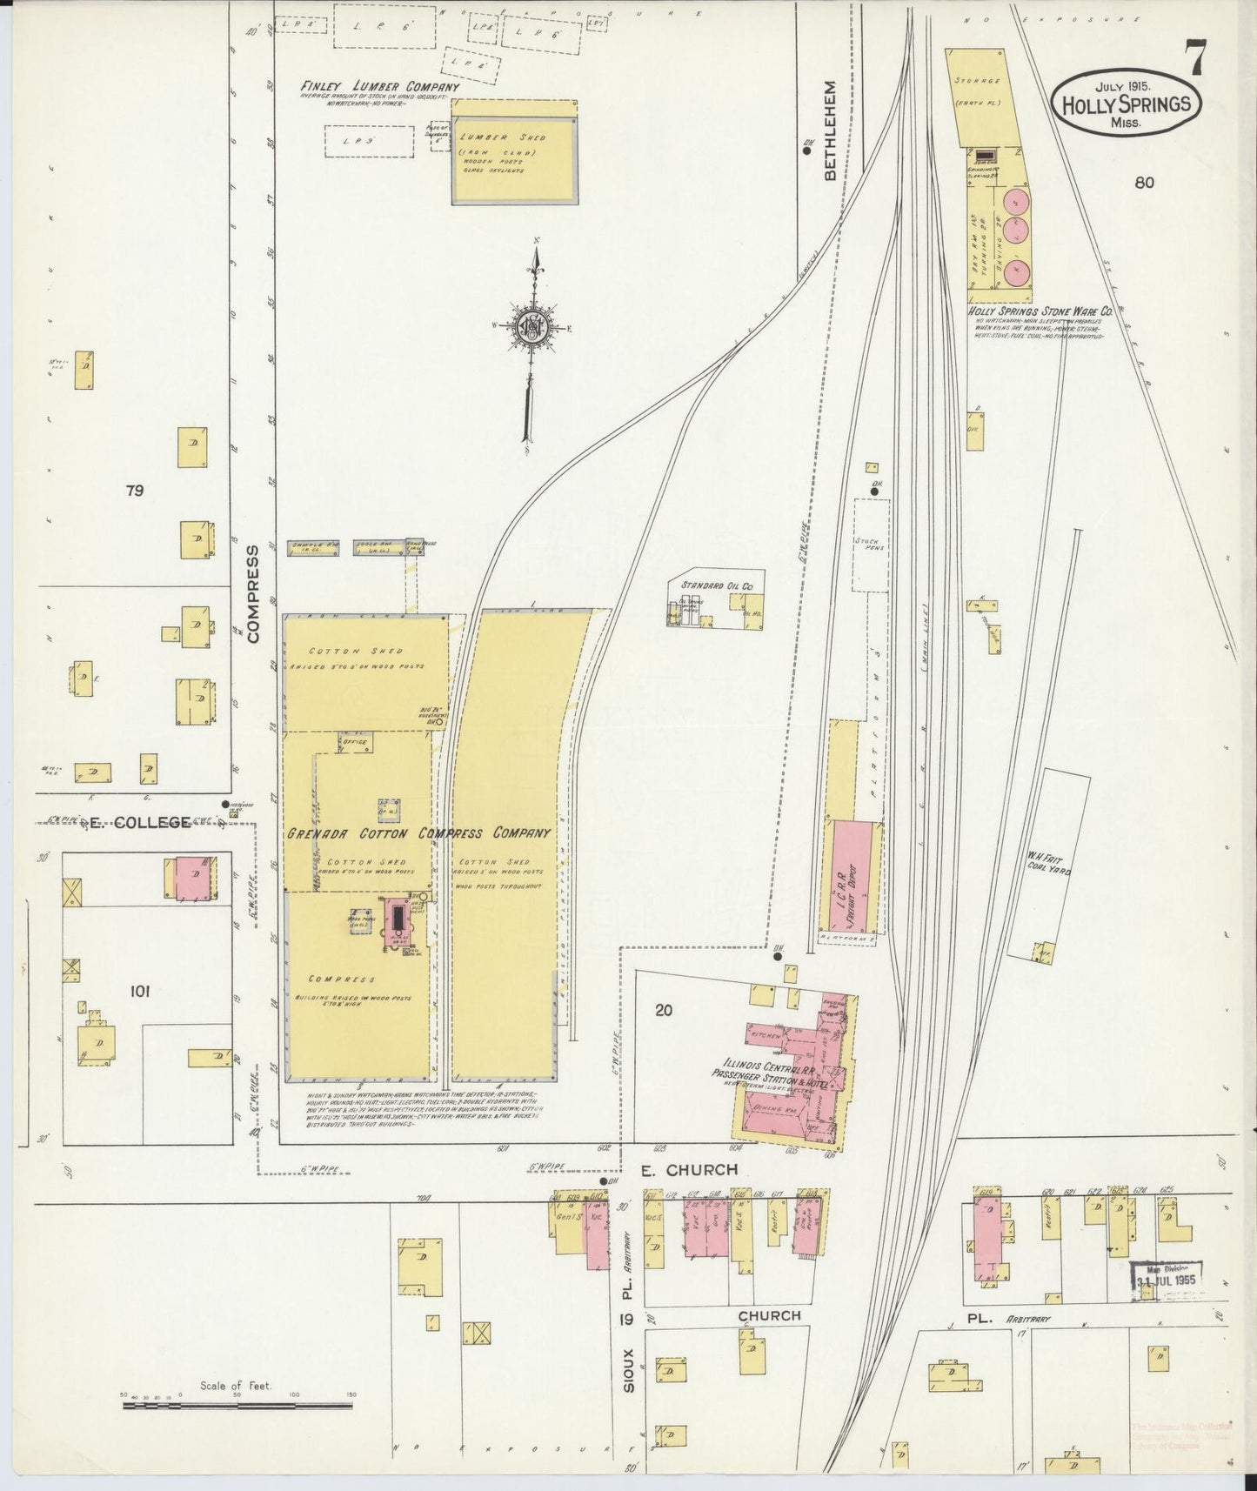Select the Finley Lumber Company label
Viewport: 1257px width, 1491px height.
379,87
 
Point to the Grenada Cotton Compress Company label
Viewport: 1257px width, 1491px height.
419,832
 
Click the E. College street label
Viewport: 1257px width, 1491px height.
139,822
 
